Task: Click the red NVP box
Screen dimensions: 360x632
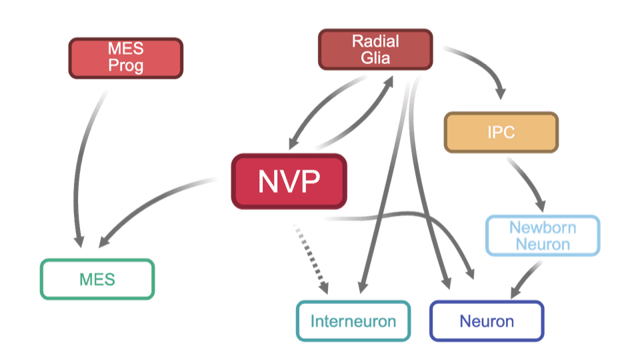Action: (289, 180)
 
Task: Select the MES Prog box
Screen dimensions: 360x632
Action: (125, 58)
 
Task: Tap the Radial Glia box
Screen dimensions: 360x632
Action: (375, 49)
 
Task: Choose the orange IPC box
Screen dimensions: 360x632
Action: (501, 132)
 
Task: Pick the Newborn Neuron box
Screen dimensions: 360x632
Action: (543, 235)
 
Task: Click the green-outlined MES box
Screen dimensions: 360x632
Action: (97, 279)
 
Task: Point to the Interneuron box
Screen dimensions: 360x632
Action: (353, 321)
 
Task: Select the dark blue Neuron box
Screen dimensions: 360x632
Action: (487, 321)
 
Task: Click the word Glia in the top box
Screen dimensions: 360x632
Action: (376, 57)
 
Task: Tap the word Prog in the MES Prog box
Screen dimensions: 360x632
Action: (125, 66)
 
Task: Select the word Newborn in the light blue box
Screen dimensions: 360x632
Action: (543, 227)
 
